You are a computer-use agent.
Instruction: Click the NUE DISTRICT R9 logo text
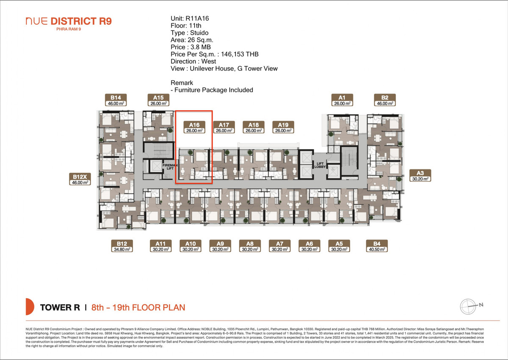tap(69, 21)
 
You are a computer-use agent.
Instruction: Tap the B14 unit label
tap(116, 100)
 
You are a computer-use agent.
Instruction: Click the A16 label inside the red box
tap(194, 127)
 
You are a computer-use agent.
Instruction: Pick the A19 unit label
tap(283, 127)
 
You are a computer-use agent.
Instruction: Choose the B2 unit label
tap(385, 100)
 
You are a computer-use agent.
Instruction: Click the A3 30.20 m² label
tap(420, 176)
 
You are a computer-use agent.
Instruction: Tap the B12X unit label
tap(80, 179)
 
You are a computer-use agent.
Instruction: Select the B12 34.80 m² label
tap(122, 246)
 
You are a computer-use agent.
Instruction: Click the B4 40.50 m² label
tap(377, 246)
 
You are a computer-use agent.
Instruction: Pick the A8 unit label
tap(250, 246)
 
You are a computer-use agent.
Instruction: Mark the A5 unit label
tap(339, 246)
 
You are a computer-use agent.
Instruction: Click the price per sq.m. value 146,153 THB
tap(240, 54)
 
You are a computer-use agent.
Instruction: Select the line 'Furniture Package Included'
tap(213, 90)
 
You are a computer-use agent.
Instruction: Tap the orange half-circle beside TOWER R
tap(29, 307)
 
